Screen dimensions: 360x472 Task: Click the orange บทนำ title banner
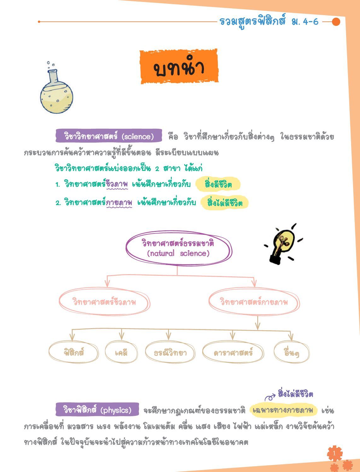point(179,66)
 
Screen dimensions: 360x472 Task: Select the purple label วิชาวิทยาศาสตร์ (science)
point(109,136)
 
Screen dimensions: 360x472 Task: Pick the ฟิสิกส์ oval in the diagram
point(73,352)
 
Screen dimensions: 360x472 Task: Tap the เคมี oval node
point(121,352)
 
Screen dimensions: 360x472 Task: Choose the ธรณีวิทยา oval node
point(170,352)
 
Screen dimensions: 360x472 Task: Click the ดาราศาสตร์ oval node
point(233,352)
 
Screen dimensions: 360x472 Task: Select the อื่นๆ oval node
point(292,352)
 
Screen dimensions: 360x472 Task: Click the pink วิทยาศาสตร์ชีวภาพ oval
point(104,302)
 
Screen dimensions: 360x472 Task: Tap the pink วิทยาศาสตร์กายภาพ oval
point(254,302)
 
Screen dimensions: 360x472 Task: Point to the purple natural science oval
point(179,248)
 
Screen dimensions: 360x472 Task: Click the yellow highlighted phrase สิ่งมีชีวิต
point(218,184)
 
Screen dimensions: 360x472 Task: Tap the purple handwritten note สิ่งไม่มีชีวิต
point(295,394)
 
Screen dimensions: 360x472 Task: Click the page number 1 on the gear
point(334,453)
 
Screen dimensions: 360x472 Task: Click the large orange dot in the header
point(336,22)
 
